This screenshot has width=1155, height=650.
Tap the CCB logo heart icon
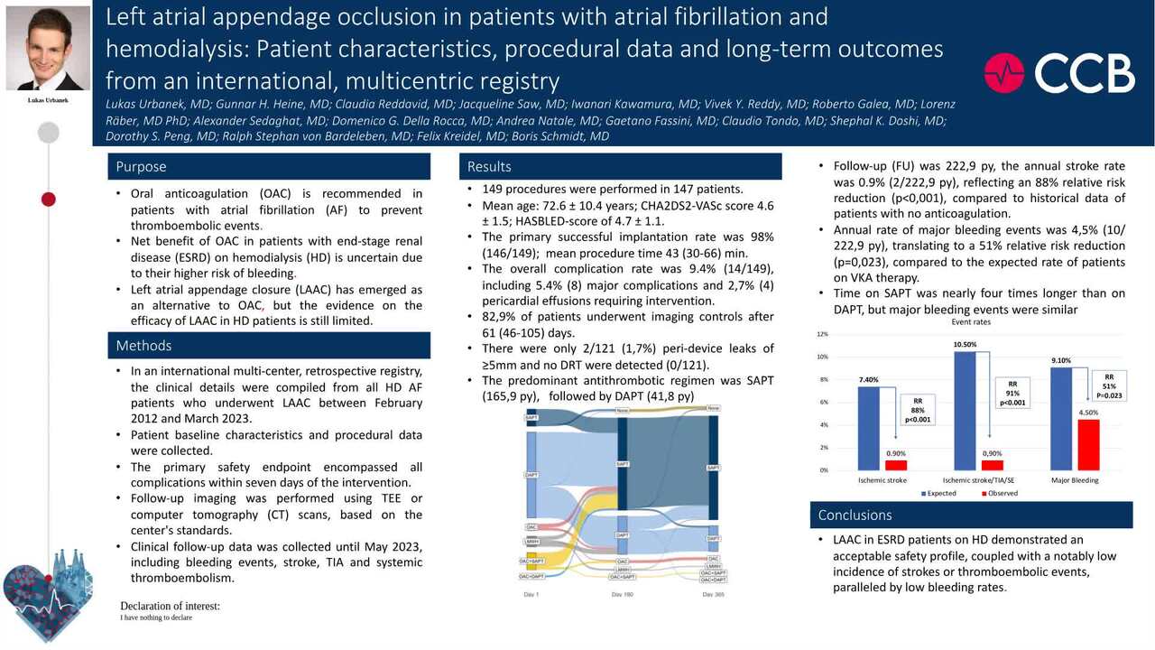pyautogui.click(x=1004, y=73)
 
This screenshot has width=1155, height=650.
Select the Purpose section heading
pyautogui.click(x=141, y=167)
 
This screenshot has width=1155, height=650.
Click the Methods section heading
pyautogui.click(x=144, y=346)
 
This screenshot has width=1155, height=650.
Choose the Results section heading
pyautogui.click(x=489, y=167)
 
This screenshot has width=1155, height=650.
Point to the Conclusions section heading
pyautogui.click(x=855, y=515)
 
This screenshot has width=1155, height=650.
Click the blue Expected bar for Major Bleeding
pyautogui.click(x=1063, y=419)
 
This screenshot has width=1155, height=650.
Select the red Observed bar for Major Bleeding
pyautogui.click(x=1088, y=444)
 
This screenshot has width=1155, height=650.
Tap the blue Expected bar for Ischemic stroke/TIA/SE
pyautogui.click(x=965, y=411)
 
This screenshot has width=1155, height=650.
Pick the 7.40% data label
pyautogui.click(x=868, y=380)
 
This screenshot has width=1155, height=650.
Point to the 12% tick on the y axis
pyautogui.click(x=822, y=334)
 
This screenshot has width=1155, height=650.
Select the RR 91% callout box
pyautogui.click(x=1012, y=393)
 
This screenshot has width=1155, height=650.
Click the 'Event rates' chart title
pyautogui.click(x=972, y=322)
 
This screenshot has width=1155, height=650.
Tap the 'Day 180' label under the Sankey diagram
pyautogui.click(x=623, y=594)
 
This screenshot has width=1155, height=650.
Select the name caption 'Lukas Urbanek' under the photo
pyautogui.click(x=49, y=100)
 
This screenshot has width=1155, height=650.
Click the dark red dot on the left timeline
pyautogui.click(x=49, y=199)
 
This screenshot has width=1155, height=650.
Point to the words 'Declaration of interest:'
pyautogui.click(x=170, y=606)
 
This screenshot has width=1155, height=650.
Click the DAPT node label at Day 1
pyautogui.click(x=531, y=474)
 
